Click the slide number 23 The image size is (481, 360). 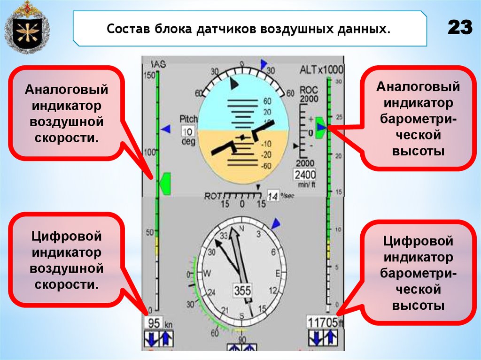coord(459,28)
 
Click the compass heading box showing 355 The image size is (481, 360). coord(242,291)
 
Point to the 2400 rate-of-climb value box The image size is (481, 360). coord(306,175)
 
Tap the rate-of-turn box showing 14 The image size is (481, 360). coord(272,196)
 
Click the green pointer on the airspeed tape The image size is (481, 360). coord(165,183)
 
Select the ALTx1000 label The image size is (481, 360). coord(322,70)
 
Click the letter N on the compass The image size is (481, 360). coord(242,229)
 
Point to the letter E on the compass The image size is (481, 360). coord(278,273)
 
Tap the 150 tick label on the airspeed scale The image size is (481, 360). coord(149,75)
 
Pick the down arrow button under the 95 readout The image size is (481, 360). coord(151,338)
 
